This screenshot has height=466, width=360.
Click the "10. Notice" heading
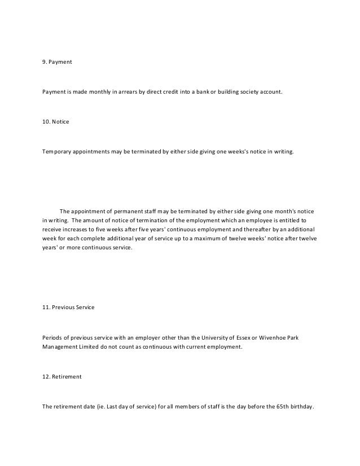(x=56, y=122)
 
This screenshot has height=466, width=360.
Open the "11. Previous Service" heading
(x=68, y=307)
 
